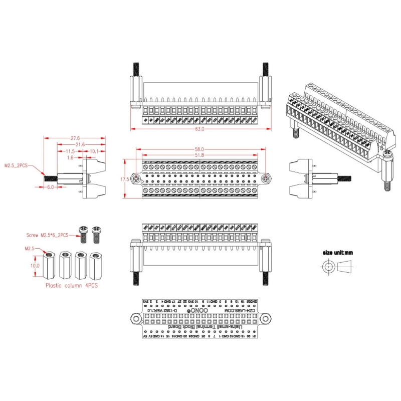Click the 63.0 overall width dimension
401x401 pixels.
[x=199, y=129]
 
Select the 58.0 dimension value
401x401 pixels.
[x=199, y=149]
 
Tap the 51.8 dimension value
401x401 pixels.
[x=199, y=155]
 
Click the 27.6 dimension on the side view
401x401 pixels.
[x=75, y=137]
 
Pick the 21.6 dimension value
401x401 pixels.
[x=80, y=144]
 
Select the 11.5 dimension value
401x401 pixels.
[x=70, y=151]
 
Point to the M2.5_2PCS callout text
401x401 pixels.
[x=16, y=165]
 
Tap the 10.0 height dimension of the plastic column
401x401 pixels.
[x=35, y=266]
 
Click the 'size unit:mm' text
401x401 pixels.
[x=338, y=253]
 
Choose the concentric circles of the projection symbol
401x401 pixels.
[x=328, y=267]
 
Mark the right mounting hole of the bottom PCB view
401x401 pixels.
[x=265, y=319]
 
